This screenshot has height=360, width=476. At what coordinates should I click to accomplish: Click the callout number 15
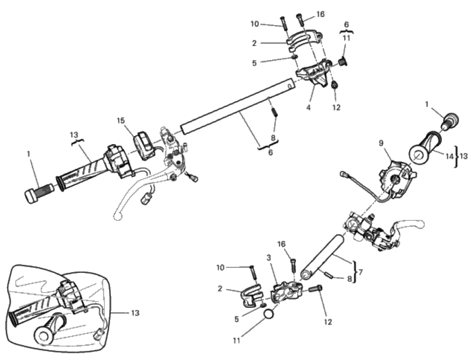120,121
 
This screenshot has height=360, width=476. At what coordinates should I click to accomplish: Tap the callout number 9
381,144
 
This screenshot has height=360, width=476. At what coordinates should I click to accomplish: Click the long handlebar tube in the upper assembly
238,105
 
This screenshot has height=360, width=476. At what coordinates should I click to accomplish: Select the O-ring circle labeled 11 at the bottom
269,315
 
